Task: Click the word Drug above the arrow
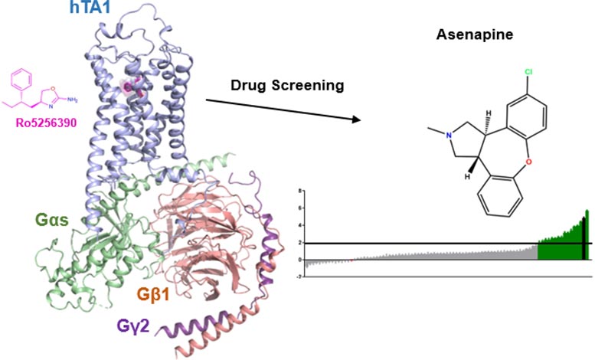coord(248,86)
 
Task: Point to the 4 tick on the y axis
coord(301,225)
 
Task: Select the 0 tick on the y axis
coord(301,259)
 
